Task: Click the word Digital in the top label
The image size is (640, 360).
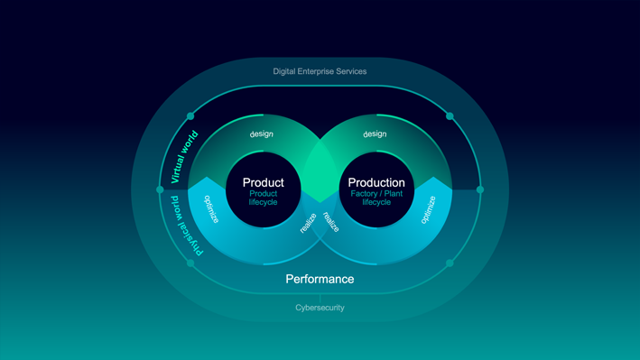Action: click(284, 71)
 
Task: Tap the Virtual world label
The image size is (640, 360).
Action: click(184, 157)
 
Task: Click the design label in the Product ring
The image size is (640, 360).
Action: click(262, 134)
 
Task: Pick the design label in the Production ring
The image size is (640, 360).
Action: click(375, 134)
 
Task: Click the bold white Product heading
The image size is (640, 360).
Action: click(264, 182)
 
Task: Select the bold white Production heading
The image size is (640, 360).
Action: click(376, 182)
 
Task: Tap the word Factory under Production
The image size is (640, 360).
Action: click(364, 194)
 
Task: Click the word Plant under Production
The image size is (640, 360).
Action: click(393, 194)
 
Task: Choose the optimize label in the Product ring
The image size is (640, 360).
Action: click(211, 209)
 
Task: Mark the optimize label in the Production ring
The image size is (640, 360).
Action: click(428, 210)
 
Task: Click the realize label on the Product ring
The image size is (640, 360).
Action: click(308, 223)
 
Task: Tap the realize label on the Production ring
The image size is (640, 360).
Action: click(331, 222)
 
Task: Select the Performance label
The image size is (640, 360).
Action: click(320, 279)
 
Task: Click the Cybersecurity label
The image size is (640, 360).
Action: click(320, 308)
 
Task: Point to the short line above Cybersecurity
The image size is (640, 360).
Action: click(320, 299)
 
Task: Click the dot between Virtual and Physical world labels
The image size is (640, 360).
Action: click(160, 189)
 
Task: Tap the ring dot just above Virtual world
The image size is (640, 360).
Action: click(190, 116)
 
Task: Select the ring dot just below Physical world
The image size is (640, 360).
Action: click(190, 263)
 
